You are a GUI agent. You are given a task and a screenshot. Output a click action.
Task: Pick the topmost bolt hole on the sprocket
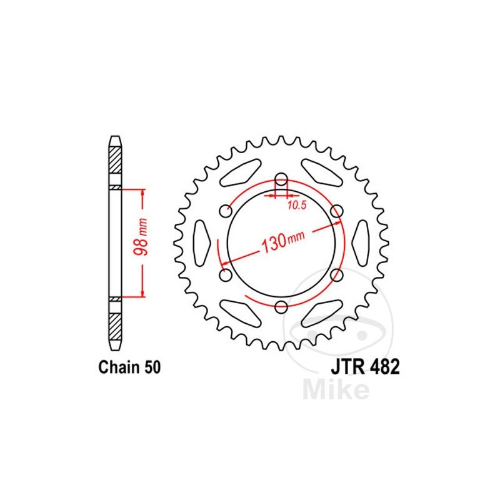[281, 177]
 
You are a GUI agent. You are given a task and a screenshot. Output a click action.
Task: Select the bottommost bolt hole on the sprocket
[281, 306]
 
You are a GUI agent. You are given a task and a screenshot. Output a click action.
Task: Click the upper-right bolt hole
[337, 210]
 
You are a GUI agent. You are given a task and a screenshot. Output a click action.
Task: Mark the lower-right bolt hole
[337, 274]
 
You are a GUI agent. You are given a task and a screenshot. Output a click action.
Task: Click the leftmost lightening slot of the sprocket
[202, 242]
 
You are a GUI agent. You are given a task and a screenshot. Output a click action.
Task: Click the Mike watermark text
[336, 389]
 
